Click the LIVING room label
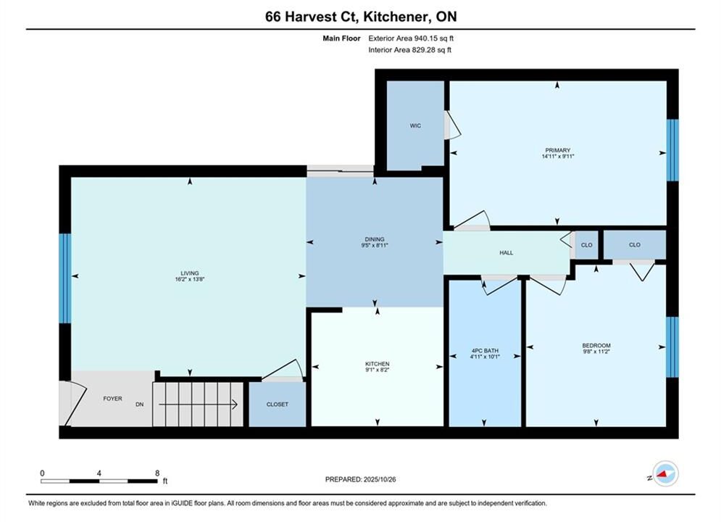click(189, 273)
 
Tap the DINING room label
click(375, 239)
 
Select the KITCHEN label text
click(377, 364)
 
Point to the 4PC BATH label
click(485, 350)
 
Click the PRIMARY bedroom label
click(558, 150)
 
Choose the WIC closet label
click(415, 125)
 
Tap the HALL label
click(507, 252)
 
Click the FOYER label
click(112, 399)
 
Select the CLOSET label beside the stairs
click(278, 405)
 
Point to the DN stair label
click(139, 405)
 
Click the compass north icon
click(665, 473)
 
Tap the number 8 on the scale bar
click(157, 473)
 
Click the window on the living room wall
click(65, 278)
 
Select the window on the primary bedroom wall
click(672, 150)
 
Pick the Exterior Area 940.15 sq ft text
click(411, 38)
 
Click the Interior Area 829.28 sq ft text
click(409, 50)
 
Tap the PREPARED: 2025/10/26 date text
click(361, 479)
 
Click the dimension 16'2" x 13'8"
click(189, 279)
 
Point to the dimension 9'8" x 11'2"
click(596, 352)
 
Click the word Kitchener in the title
click(394, 17)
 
